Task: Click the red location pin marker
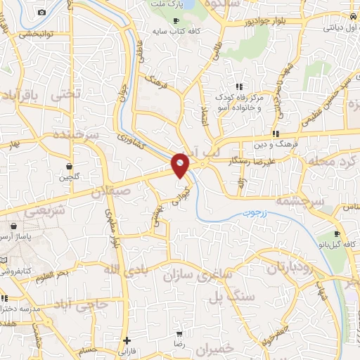pos(181,165)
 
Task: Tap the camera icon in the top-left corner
pos(41,13)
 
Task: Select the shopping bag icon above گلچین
pos(70,167)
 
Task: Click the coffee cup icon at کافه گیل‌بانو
pos(337,234)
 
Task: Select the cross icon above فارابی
pos(127,340)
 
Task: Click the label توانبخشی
pos(37,33)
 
